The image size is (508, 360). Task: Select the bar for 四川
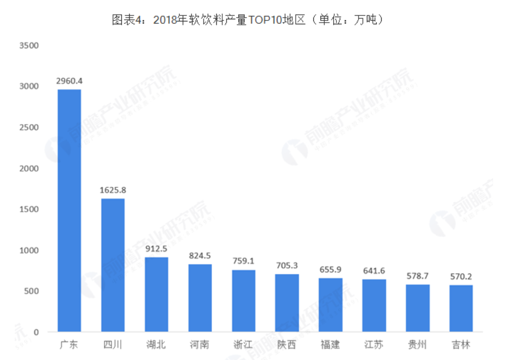(x=113, y=265)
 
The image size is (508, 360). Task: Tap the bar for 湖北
(x=156, y=294)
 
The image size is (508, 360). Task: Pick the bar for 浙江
(x=243, y=301)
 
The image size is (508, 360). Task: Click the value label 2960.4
(x=69, y=81)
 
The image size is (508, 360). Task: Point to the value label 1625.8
(x=113, y=190)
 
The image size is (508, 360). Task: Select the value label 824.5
(x=200, y=256)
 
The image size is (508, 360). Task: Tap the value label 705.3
(x=287, y=266)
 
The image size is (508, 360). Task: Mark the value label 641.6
(x=374, y=271)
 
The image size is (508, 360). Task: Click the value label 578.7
(x=418, y=276)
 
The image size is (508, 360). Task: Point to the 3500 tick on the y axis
(x=28, y=45)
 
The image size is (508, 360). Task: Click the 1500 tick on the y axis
(x=28, y=209)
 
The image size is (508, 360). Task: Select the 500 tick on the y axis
(x=30, y=291)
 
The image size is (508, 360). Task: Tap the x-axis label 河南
(x=200, y=345)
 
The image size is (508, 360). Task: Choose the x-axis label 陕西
(x=287, y=345)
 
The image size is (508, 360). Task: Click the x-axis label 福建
(x=330, y=345)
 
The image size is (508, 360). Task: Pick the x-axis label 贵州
(x=418, y=345)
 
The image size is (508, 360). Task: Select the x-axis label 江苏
(x=374, y=345)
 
